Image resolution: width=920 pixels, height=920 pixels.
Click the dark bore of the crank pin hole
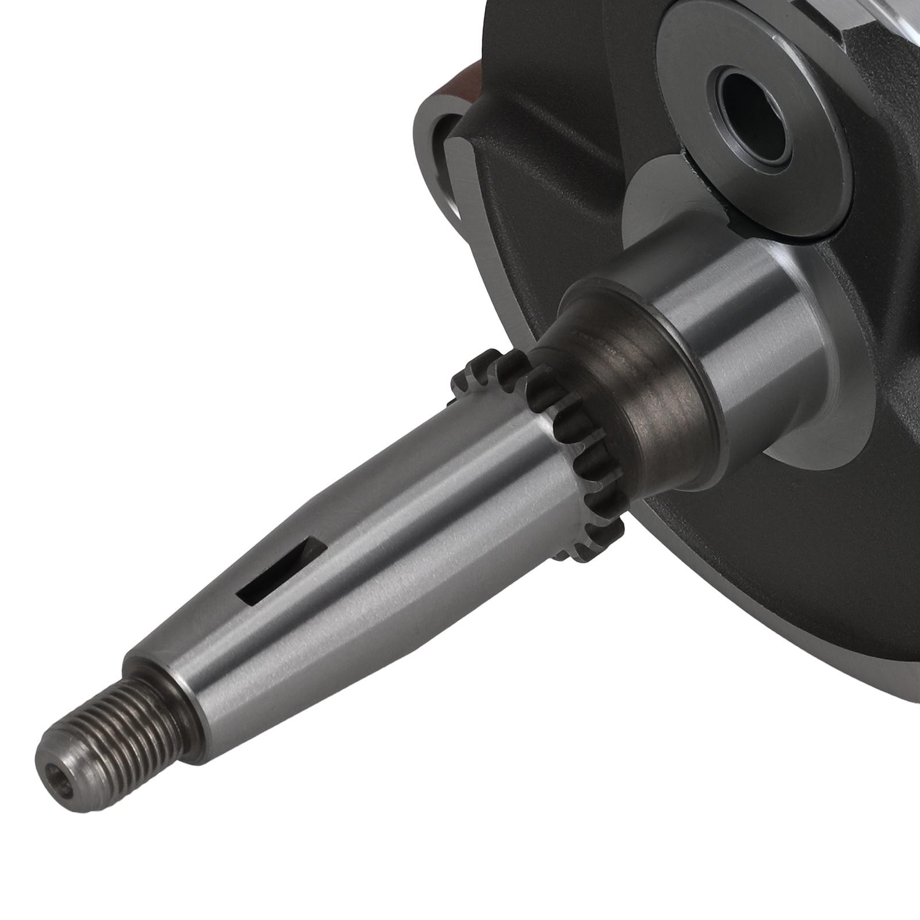coord(747,98)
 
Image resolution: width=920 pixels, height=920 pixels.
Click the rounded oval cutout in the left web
coord(446,172)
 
